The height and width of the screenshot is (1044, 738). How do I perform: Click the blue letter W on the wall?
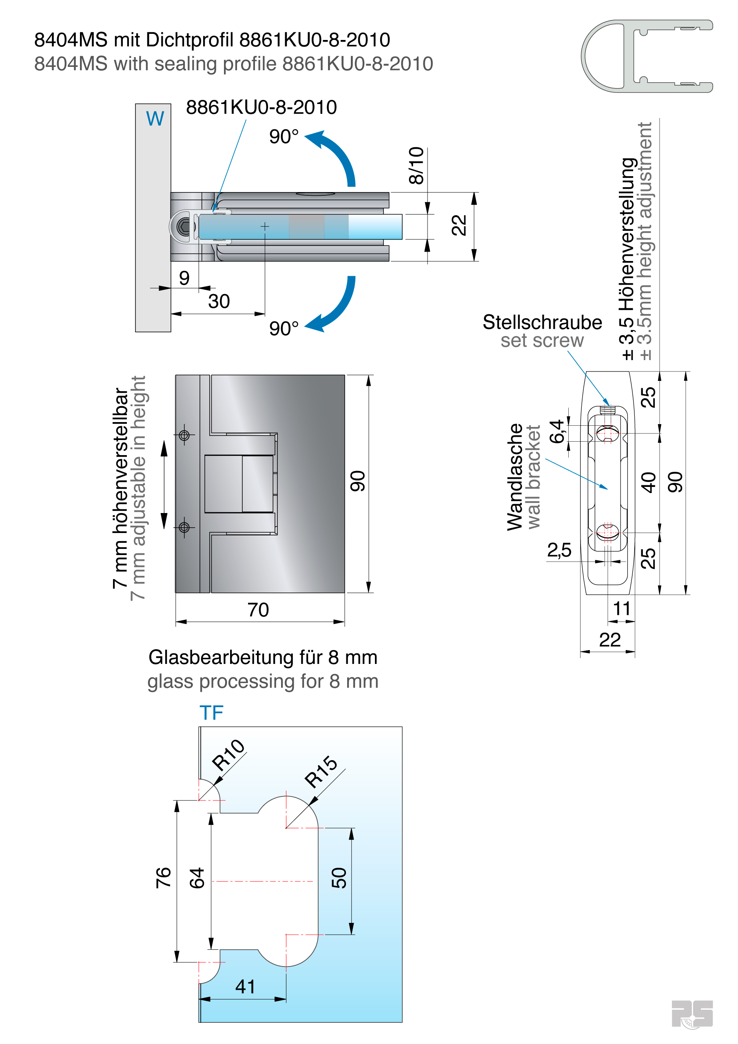(155, 119)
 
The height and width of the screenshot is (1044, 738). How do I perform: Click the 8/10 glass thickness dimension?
(416, 166)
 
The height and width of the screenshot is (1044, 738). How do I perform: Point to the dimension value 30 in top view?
(219, 301)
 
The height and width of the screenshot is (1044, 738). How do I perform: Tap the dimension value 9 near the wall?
(184, 278)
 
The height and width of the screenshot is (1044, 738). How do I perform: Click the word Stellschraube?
(542, 323)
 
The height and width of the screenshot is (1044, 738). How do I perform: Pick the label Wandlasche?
(515, 477)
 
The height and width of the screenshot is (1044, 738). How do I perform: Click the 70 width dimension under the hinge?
(258, 610)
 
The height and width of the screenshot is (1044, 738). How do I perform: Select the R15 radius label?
(321, 771)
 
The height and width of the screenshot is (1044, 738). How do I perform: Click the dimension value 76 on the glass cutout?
(163, 877)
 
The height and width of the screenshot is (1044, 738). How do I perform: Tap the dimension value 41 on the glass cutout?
(245, 986)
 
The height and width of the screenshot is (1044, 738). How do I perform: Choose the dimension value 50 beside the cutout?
(339, 878)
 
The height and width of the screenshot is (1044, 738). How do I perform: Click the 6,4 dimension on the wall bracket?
(556, 431)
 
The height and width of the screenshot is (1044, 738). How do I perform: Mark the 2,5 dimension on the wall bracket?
(559, 550)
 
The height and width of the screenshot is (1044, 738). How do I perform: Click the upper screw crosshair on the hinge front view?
(184, 435)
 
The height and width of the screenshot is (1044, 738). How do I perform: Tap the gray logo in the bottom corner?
(691, 1013)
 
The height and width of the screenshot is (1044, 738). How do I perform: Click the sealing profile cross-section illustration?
(647, 56)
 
